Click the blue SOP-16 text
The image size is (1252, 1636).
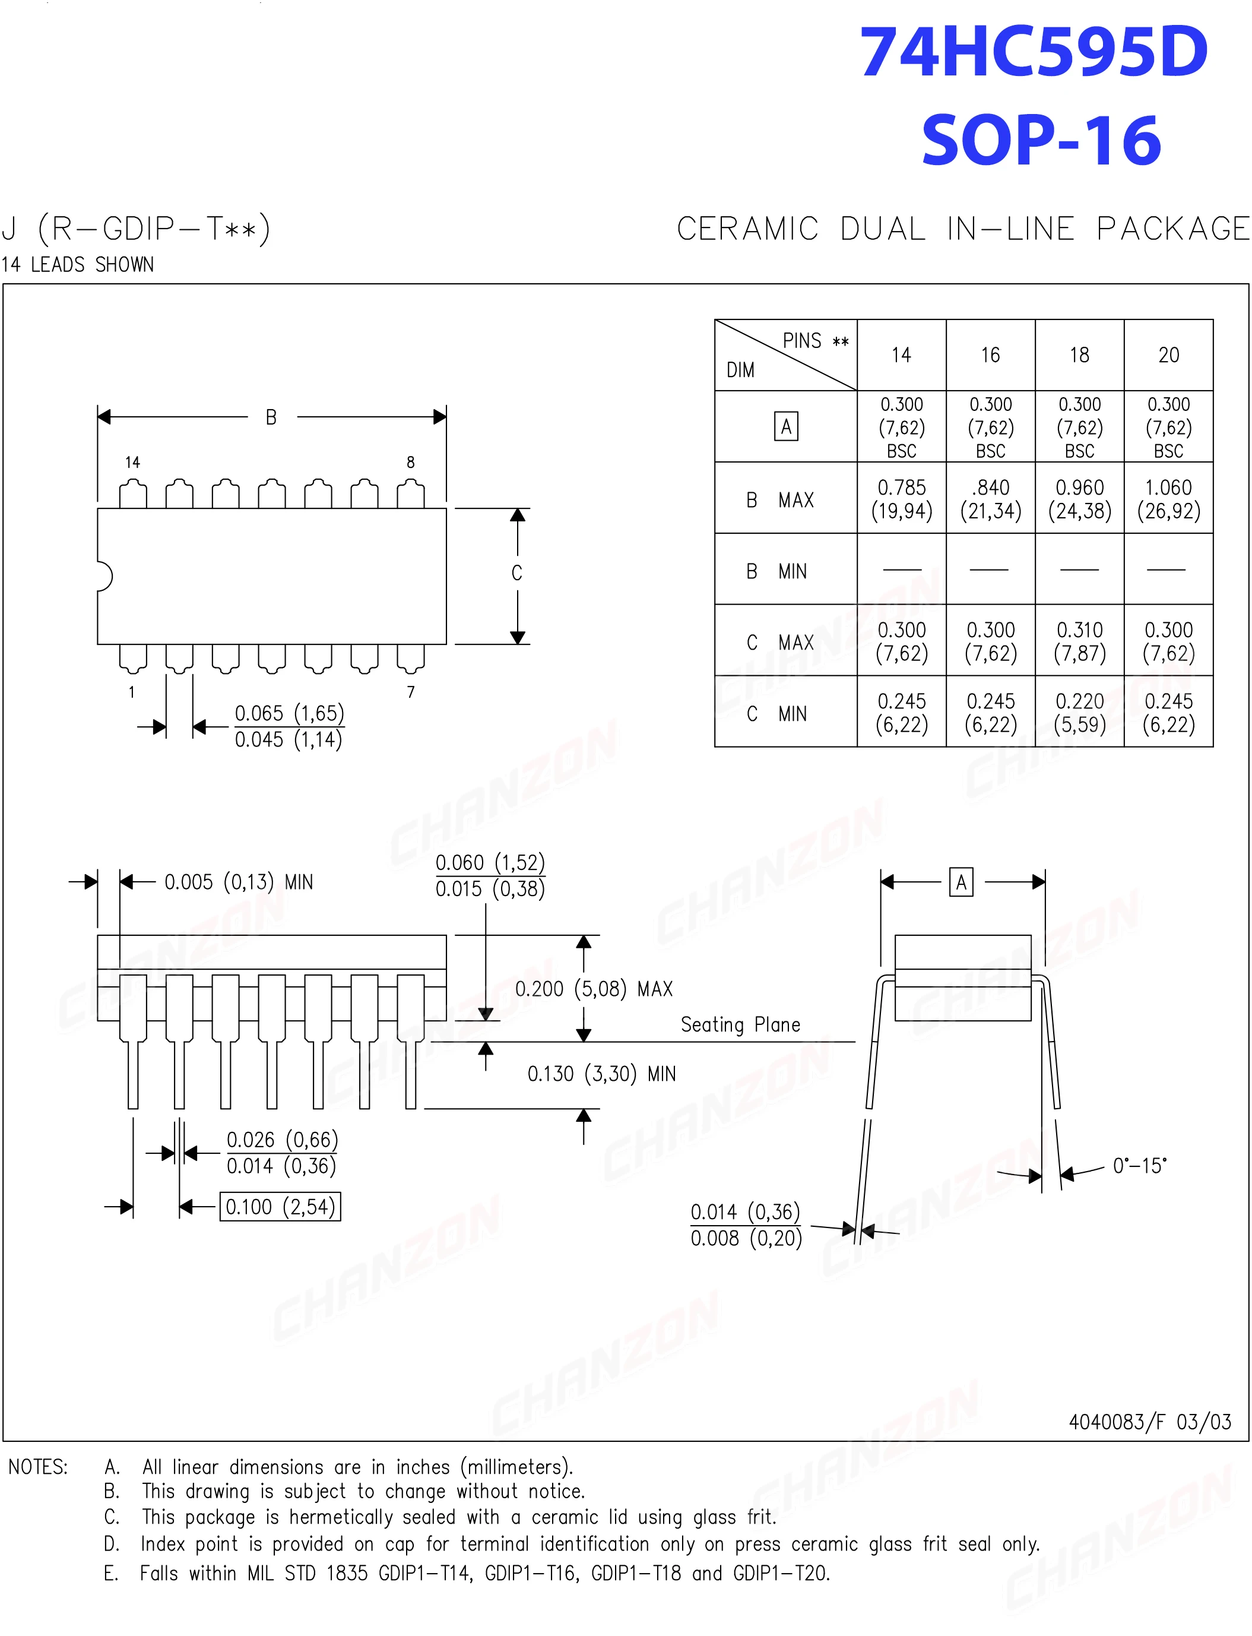tap(1041, 140)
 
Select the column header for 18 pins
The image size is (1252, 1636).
tap(1079, 355)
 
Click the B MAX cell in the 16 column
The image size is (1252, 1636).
tap(990, 499)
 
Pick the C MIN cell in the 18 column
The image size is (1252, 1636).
tap(1079, 713)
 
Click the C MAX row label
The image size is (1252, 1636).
tap(780, 642)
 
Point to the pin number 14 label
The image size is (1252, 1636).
tap(132, 462)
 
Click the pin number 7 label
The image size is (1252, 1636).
tap(411, 692)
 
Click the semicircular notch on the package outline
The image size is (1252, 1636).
tap(104, 576)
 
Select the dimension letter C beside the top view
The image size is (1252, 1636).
tap(516, 573)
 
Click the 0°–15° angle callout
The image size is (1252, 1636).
tap(1139, 1166)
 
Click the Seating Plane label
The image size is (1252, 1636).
tap(740, 1025)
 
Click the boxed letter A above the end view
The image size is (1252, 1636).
tap(961, 882)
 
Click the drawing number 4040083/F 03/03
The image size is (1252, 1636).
tap(1149, 1422)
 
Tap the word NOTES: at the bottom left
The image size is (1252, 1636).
tap(38, 1467)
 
